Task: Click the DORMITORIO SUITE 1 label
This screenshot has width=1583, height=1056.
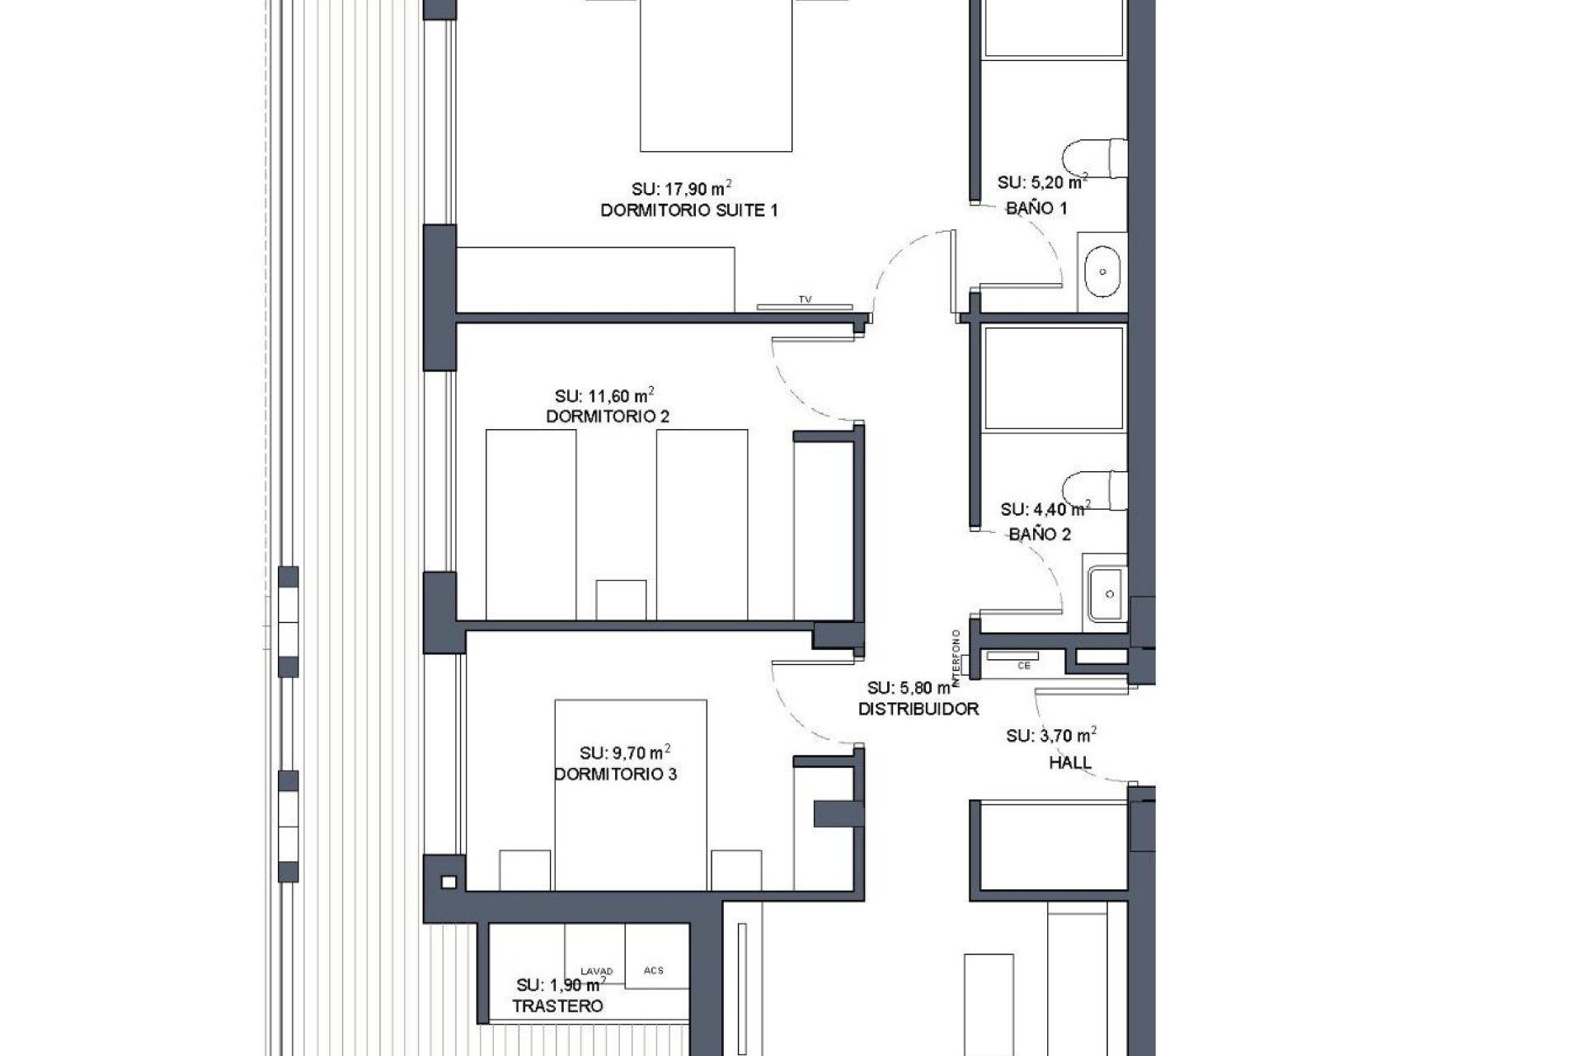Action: (x=688, y=210)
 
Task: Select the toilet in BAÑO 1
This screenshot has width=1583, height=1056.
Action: (x=1095, y=159)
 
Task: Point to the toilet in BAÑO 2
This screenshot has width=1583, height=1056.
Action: (x=1095, y=490)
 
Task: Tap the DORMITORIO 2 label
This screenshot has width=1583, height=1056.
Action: (x=608, y=417)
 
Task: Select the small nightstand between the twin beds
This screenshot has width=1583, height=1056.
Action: (x=620, y=600)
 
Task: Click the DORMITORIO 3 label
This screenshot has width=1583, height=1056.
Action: (x=615, y=775)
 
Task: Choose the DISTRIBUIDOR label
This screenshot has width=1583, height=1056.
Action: (x=918, y=709)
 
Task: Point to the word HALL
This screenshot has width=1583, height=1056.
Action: (x=1070, y=762)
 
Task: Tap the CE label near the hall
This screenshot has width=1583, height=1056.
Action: (x=1024, y=666)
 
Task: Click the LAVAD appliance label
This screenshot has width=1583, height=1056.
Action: (x=596, y=971)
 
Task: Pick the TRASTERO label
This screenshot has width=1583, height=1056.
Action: (x=557, y=1006)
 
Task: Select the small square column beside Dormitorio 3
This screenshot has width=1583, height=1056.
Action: (x=448, y=882)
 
